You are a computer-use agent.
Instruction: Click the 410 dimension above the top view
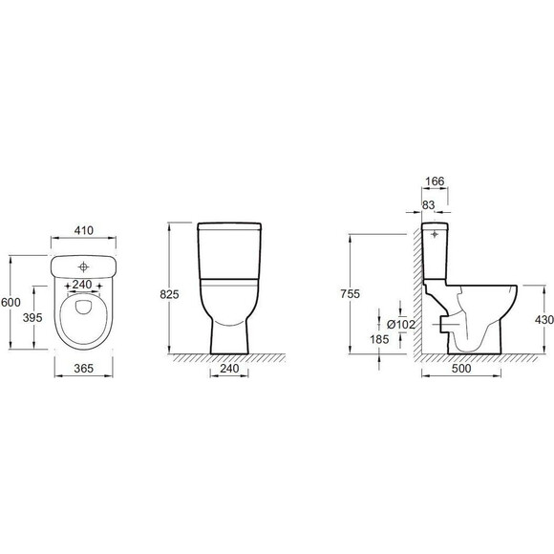click(x=84, y=231)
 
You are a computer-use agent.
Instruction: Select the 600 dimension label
click(x=11, y=303)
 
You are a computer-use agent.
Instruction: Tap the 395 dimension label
click(x=32, y=318)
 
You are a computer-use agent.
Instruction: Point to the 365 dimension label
click(x=84, y=369)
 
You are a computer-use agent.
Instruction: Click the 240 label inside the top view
click(x=82, y=285)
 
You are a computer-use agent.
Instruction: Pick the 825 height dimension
click(x=170, y=294)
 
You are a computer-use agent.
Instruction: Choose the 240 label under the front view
click(x=229, y=369)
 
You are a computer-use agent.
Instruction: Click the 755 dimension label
click(x=351, y=294)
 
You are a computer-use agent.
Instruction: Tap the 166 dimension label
click(x=435, y=181)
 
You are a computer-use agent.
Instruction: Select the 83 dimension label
click(x=428, y=205)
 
